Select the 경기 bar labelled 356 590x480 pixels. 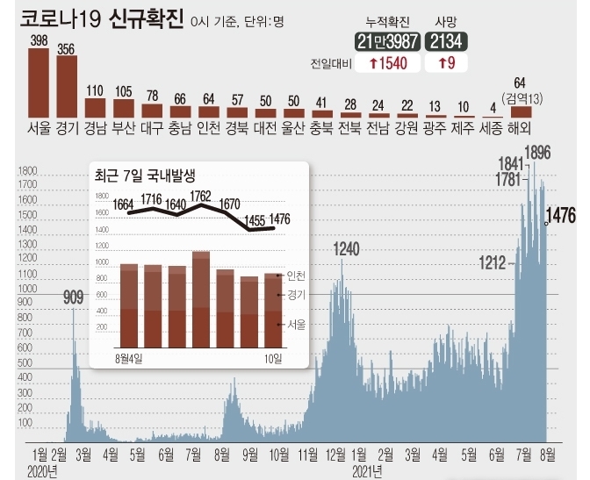[x=67, y=87]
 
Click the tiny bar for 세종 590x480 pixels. [x=493, y=116]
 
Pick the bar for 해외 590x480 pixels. [x=522, y=111]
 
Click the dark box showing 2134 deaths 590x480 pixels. [x=446, y=41]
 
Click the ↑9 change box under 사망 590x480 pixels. [x=446, y=63]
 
